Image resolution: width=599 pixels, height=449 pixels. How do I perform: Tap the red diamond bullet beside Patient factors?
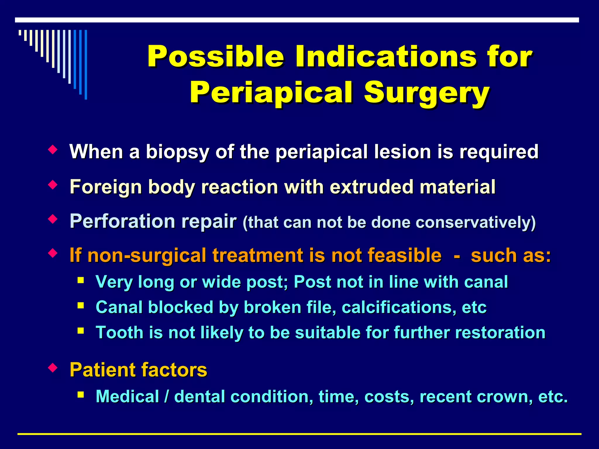click(53, 367)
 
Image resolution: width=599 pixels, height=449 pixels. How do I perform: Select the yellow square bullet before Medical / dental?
click(81, 395)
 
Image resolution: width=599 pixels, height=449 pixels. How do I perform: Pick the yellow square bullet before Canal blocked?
click(81, 306)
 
